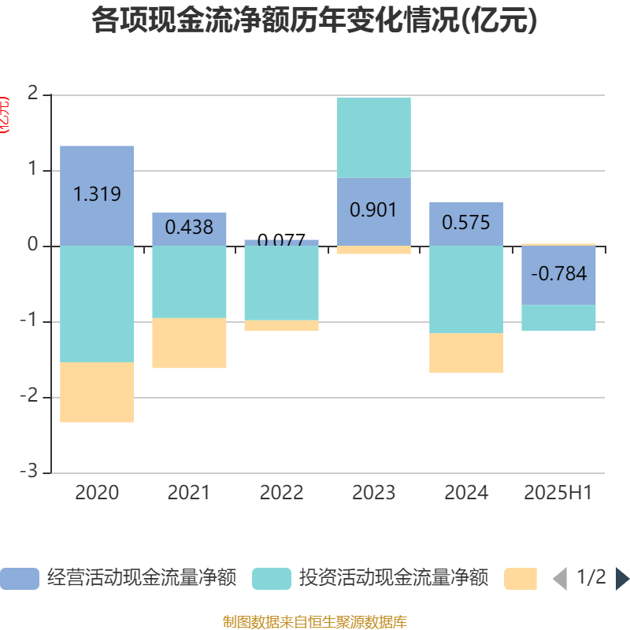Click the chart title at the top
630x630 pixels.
pos(315,20)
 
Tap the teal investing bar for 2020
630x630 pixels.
pos(97,304)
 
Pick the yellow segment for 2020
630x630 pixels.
pos(97,392)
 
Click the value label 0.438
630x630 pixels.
pos(189,228)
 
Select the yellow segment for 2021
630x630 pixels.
pos(189,343)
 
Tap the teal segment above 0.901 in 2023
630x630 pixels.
pos(373,137)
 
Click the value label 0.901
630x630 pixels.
pos(373,210)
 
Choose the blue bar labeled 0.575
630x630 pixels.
pos(466,223)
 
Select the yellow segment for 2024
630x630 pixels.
pos(466,353)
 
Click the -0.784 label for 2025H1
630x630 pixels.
pos(558,274)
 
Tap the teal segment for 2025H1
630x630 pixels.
pos(558,317)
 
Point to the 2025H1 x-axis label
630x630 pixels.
pos(558,493)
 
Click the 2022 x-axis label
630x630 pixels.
pos(281,493)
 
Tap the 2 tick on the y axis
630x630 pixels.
pos(32,94)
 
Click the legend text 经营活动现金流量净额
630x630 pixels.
pos(142,578)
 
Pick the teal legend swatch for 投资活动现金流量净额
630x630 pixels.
pos(272,579)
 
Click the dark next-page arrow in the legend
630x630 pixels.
pos(622,579)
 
